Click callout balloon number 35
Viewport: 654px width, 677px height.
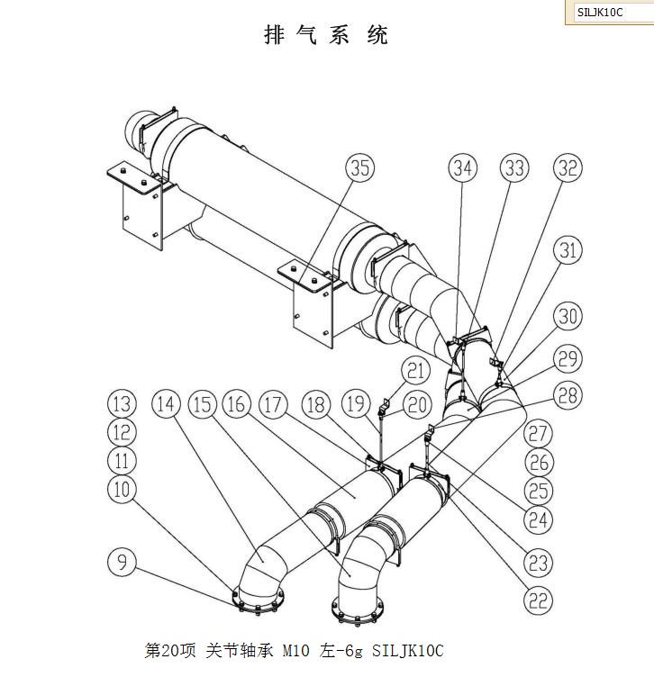[360, 168]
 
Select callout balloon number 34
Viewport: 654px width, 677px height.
[463, 168]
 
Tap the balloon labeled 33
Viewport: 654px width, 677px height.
[515, 168]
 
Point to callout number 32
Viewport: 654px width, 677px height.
[568, 168]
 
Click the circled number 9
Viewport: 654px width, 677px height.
[123, 563]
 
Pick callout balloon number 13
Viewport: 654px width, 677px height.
[123, 403]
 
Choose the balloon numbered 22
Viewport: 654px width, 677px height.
[538, 600]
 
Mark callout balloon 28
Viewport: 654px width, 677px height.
[568, 394]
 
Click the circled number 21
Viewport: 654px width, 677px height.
[414, 369]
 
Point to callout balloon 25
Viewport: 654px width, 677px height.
[538, 492]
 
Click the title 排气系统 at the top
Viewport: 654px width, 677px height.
[326, 36]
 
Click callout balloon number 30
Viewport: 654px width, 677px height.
[568, 316]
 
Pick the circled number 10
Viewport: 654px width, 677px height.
[123, 490]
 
